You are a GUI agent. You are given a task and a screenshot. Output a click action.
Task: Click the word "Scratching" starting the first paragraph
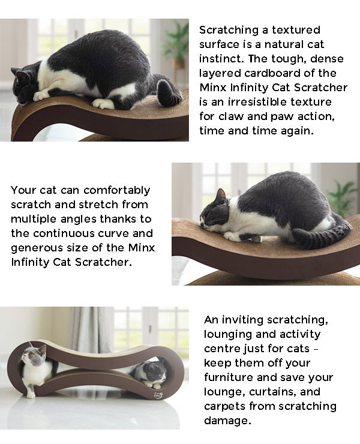point(229,30)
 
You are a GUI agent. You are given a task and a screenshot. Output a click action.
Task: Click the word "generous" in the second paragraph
point(37,248)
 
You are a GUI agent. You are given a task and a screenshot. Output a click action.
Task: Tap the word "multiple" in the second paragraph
point(35,220)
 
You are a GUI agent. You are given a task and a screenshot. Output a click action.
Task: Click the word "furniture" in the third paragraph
point(229,377)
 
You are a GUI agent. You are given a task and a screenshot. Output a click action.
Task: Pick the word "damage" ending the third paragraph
point(227,421)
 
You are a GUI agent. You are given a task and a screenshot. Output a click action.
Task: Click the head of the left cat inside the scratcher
point(34,353)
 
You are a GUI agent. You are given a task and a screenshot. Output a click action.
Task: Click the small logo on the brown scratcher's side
point(158,395)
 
